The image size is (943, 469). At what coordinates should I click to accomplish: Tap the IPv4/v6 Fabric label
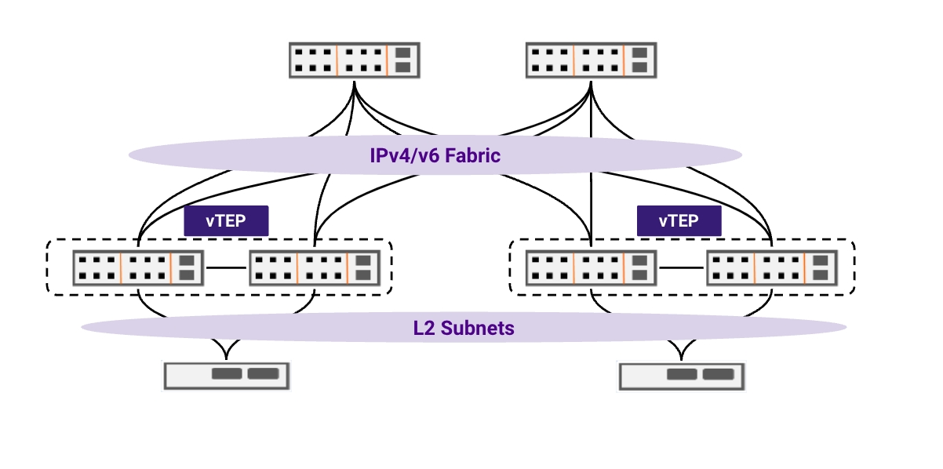(x=435, y=155)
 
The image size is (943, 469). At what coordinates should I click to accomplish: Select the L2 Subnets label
(x=464, y=327)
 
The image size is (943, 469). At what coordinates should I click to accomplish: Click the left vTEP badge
(x=226, y=221)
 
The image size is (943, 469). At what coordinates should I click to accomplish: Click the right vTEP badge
(x=679, y=221)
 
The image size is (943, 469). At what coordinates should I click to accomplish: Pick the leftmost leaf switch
(x=138, y=267)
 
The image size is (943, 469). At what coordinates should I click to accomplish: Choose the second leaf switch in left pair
(x=315, y=267)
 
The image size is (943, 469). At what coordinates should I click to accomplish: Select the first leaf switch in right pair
(x=591, y=267)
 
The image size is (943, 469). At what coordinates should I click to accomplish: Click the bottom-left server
(x=226, y=375)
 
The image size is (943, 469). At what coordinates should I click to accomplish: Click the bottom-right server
(x=682, y=375)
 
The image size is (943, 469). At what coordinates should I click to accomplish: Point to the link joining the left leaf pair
(x=227, y=267)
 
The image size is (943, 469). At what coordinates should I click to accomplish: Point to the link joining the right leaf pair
(x=682, y=267)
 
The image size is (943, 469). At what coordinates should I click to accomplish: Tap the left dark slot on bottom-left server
(x=227, y=374)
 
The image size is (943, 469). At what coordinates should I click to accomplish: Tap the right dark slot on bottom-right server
(x=718, y=374)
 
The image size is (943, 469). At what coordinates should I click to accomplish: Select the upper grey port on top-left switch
(x=402, y=53)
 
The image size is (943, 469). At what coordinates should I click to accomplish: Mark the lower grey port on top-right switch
(x=639, y=67)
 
